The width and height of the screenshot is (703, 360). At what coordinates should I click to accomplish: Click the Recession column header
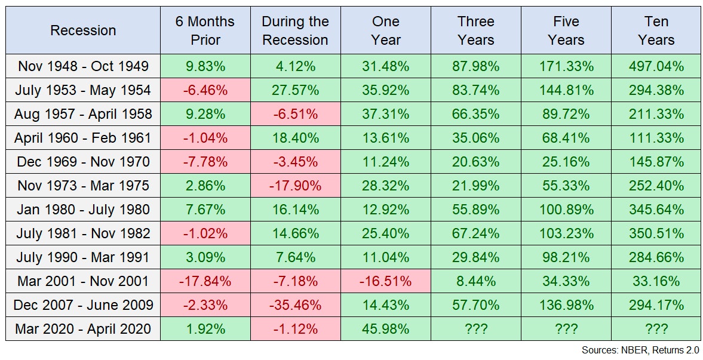click(83, 30)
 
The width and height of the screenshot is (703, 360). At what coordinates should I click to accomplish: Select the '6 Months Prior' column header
click(205, 30)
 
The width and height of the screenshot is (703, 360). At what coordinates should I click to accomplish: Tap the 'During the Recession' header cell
click(295, 30)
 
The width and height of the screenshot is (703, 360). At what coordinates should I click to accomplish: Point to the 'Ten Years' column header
click(656, 30)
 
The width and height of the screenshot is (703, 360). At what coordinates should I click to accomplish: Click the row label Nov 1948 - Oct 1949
click(83, 66)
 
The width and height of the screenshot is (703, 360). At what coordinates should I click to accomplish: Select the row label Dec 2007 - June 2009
click(83, 305)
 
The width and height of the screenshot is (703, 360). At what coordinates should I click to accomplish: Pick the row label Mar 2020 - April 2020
click(83, 329)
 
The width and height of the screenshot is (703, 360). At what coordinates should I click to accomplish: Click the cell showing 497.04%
click(656, 66)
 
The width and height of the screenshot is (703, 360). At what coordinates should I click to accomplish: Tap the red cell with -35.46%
click(295, 305)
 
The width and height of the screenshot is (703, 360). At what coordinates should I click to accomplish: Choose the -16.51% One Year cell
click(385, 281)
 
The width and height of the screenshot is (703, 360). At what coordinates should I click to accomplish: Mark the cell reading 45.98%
click(385, 329)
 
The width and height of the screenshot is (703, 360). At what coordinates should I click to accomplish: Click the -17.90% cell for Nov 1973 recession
click(295, 186)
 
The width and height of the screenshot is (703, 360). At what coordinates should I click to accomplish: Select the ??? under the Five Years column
click(566, 329)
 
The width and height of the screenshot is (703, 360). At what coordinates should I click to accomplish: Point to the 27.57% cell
click(295, 90)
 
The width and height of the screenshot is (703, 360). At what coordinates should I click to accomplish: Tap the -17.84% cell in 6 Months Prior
click(205, 281)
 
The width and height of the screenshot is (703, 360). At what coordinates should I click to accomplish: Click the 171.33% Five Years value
click(566, 66)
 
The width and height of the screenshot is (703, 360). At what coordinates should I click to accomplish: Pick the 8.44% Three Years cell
click(475, 281)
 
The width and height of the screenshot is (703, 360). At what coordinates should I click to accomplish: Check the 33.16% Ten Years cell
click(656, 281)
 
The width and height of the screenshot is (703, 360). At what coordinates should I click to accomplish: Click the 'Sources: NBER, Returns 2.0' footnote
click(640, 350)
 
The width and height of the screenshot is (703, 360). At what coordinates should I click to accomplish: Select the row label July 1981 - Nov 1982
click(83, 233)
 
